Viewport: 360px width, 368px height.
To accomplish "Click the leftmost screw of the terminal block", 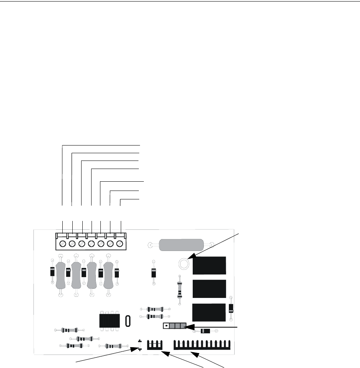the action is [x=62, y=244].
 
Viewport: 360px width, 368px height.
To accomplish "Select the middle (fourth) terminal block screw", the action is [x=91, y=244].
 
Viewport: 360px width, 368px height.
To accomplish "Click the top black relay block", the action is [x=209, y=265].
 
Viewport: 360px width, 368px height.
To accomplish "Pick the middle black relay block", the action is [x=209, y=289].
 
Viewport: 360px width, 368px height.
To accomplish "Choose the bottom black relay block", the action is [x=209, y=312].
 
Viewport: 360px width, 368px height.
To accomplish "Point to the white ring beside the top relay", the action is [x=184, y=264].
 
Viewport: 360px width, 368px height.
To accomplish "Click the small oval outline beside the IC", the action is [x=128, y=320].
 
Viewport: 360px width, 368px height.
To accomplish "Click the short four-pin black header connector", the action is [x=155, y=345].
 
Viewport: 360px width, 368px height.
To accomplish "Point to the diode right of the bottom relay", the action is [x=231, y=308].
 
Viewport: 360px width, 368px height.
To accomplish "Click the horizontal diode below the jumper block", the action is [x=206, y=331].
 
